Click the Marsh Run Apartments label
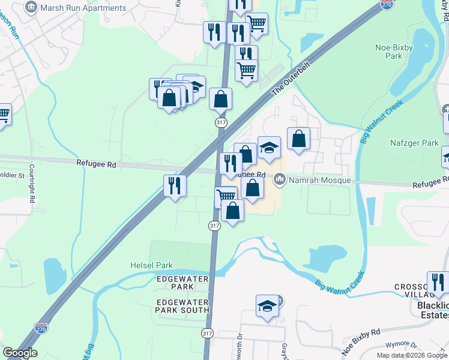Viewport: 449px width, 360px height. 83,8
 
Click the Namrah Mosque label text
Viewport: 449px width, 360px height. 319,180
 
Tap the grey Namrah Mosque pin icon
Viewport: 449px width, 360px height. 279,179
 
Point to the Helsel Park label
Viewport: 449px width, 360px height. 152,265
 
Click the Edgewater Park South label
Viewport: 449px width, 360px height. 182,306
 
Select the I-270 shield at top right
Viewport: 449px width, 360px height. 387,4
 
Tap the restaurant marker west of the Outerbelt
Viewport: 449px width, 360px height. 175,185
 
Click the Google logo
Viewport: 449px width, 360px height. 20,353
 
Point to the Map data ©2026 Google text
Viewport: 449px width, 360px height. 411,355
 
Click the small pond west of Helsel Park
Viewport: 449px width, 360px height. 55,275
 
